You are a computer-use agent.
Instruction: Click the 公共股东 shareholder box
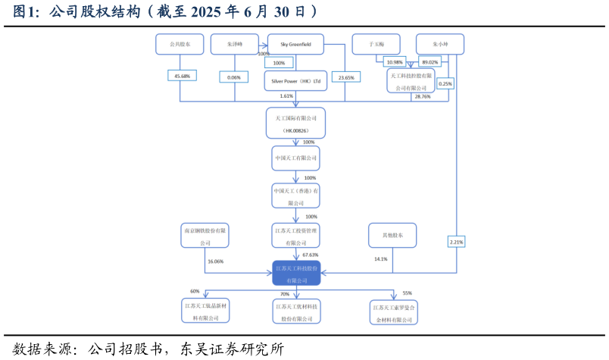pyautogui.click(x=180, y=45)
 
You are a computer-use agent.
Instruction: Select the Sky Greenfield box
pyautogui.click(x=295, y=45)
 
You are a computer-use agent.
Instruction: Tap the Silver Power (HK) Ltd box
pyautogui.click(x=295, y=80)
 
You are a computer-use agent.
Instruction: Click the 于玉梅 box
pyautogui.click(x=376, y=45)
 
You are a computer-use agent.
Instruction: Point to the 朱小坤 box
pyautogui.click(x=440, y=45)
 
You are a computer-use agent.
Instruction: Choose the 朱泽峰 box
pyautogui.click(x=234, y=45)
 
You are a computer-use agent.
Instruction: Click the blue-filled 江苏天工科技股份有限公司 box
pyautogui.click(x=296, y=273)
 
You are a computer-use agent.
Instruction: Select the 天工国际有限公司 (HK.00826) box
pyautogui.click(x=295, y=124)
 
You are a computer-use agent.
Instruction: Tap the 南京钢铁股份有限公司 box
pyautogui.click(x=205, y=236)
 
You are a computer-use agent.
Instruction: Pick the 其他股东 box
pyautogui.click(x=392, y=235)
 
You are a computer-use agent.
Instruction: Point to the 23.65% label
pyautogui.click(x=346, y=77)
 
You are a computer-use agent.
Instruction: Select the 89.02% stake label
pyautogui.click(x=429, y=62)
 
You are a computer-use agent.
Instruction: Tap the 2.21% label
pyautogui.click(x=456, y=242)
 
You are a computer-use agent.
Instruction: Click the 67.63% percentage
pyautogui.click(x=311, y=255)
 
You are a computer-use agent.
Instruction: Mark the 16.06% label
pyautogui.click(x=214, y=261)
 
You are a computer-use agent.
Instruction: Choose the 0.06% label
pyautogui.click(x=233, y=77)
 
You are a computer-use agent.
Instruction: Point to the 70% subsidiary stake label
pyautogui.click(x=285, y=294)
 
